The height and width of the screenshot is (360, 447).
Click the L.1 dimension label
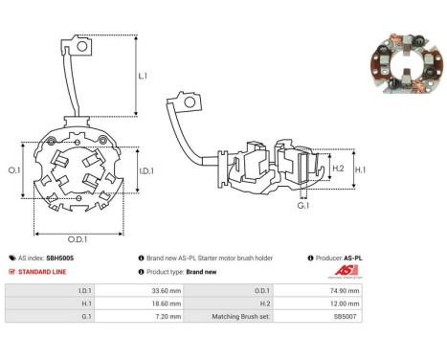143,76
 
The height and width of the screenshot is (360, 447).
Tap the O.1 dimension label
14,170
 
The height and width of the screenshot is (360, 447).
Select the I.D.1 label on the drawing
146,171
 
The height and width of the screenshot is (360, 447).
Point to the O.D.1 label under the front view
78,239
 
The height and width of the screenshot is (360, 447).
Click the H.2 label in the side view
338,169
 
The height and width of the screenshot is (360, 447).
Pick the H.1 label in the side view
360,169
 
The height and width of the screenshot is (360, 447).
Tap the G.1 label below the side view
303,205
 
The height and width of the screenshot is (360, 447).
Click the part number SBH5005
60,258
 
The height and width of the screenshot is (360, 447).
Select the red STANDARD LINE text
42,272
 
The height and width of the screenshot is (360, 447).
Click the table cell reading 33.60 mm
139,291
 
